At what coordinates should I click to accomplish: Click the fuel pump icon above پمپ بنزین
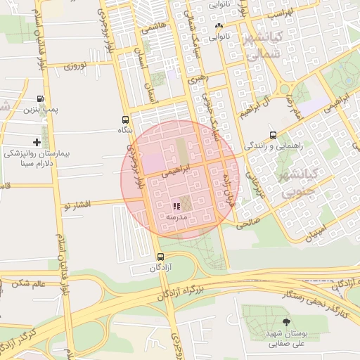point(39,98)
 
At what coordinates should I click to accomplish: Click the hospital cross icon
point(37,143)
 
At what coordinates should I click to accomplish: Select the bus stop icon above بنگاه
point(125,120)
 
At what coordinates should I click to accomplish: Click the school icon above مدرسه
point(175,206)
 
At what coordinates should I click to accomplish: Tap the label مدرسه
point(175,218)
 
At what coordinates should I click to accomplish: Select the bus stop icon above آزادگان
point(161,257)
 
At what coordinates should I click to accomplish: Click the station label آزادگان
point(162,268)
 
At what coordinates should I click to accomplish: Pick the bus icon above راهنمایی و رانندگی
point(272,136)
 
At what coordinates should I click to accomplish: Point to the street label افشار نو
point(77,205)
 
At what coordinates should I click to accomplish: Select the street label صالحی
point(245,222)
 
